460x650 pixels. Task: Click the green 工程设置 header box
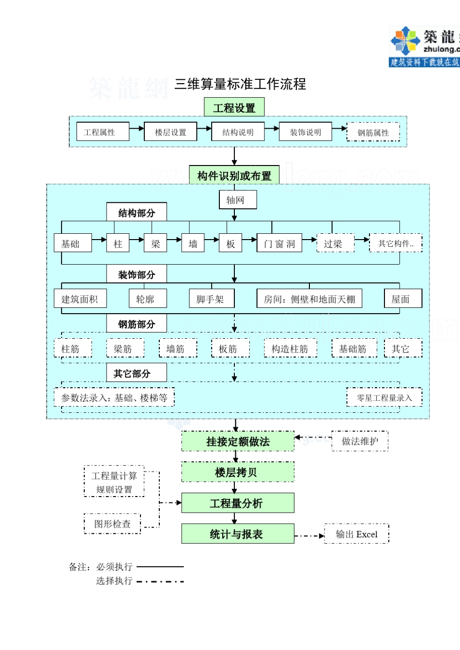(234, 107)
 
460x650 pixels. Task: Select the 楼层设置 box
(170, 132)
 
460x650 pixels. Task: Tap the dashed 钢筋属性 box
(373, 132)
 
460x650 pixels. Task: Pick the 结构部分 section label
(137, 212)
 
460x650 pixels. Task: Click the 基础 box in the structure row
(73, 243)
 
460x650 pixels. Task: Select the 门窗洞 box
(279, 243)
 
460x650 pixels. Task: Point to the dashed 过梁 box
(335, 243)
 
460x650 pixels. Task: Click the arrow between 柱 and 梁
(137, 240)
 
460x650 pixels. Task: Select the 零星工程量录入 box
(384, 397)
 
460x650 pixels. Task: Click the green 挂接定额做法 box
(238, 441)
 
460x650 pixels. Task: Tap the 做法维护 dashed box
(360, 441)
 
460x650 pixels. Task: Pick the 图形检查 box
(112, 524)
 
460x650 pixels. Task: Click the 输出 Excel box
(356, 534)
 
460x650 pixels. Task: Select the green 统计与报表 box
(238, 534)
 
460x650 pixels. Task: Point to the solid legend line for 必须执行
(160, 566)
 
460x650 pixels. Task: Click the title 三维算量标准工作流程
(240, 84)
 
